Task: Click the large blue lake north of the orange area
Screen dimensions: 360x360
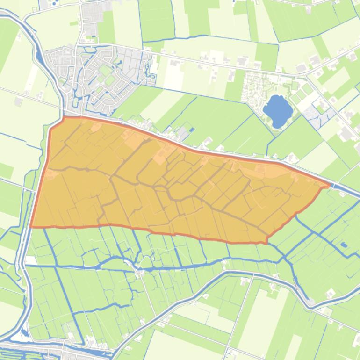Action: tap(278, 111)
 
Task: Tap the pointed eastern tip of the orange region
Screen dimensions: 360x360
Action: tap(330, 185)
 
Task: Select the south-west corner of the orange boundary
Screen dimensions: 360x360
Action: tap(31, 227)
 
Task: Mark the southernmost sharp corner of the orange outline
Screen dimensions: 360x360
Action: tap(266, 243)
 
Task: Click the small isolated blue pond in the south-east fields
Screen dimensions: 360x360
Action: tap(344, 245)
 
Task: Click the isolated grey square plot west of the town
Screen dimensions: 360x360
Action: tap(18, 101)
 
